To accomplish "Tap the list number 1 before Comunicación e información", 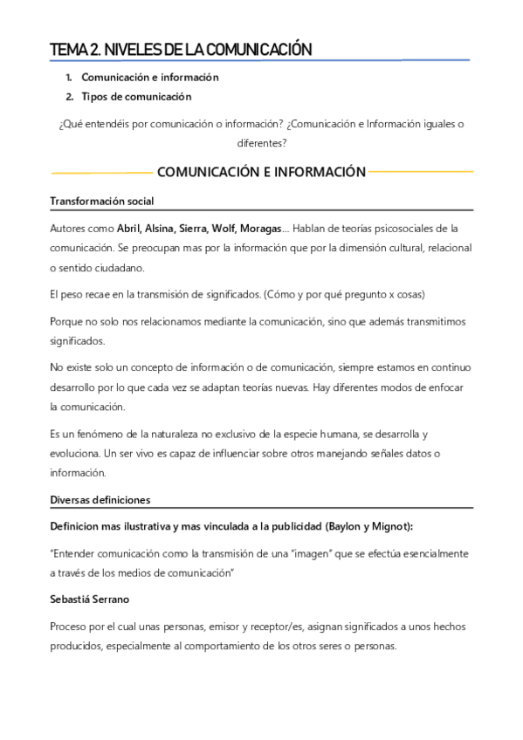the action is coord(69,77).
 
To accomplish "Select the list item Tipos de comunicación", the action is coord(136,97).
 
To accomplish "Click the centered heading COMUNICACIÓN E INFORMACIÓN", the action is coord(261,172).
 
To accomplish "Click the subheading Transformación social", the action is coord(102,202).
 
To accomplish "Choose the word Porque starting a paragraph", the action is coord(67,322).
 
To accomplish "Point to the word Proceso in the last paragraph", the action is coord(69,627).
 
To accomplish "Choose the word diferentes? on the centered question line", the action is coord(261,144).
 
